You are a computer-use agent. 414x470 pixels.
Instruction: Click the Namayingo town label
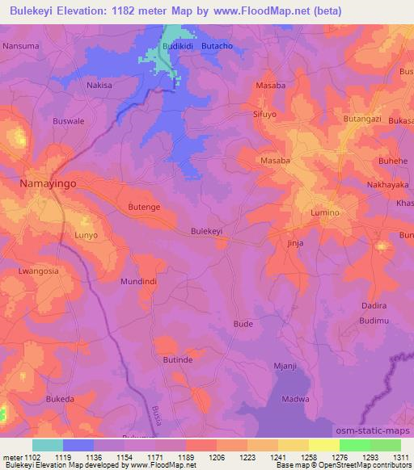pos(49,185)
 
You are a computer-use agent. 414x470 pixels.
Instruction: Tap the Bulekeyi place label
pos(206,231)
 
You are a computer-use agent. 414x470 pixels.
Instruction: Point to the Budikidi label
pos(178,48)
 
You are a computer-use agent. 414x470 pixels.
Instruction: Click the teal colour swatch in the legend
pos(48,445)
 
